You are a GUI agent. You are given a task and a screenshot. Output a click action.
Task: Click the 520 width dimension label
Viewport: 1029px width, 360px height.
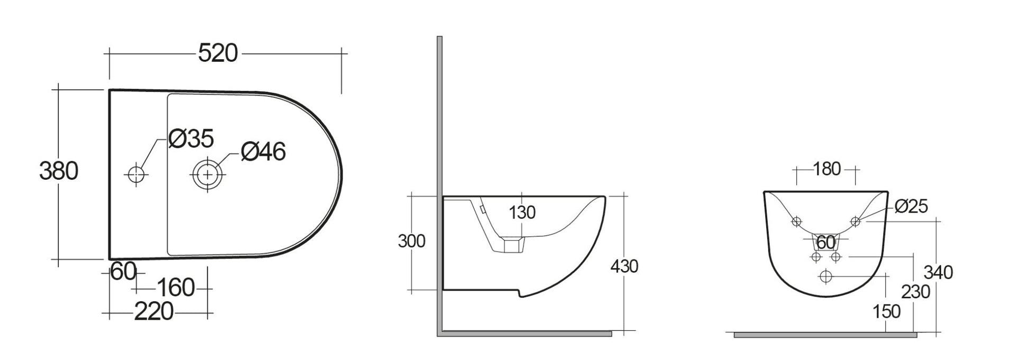point(218,53)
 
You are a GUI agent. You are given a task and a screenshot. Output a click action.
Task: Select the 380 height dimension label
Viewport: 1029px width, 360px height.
point(59,171)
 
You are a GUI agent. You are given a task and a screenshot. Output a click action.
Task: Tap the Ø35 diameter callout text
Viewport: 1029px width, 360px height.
point(191,139)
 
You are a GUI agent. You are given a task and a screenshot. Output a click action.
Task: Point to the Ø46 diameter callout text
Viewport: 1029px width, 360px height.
point(263,152)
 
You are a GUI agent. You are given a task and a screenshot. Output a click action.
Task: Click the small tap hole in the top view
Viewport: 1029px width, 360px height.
point(136,173)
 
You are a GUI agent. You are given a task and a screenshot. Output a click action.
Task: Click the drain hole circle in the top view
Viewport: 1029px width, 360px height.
point(208,173)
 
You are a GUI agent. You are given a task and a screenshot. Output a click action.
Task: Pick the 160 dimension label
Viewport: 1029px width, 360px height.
point(176,288)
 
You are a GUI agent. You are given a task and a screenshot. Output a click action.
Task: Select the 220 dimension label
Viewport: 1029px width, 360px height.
point(153,312)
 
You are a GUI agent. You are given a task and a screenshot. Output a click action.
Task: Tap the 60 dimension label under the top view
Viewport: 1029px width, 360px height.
point(124,272)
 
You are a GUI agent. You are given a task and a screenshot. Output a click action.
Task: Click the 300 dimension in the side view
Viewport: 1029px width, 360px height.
point(411,241)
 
